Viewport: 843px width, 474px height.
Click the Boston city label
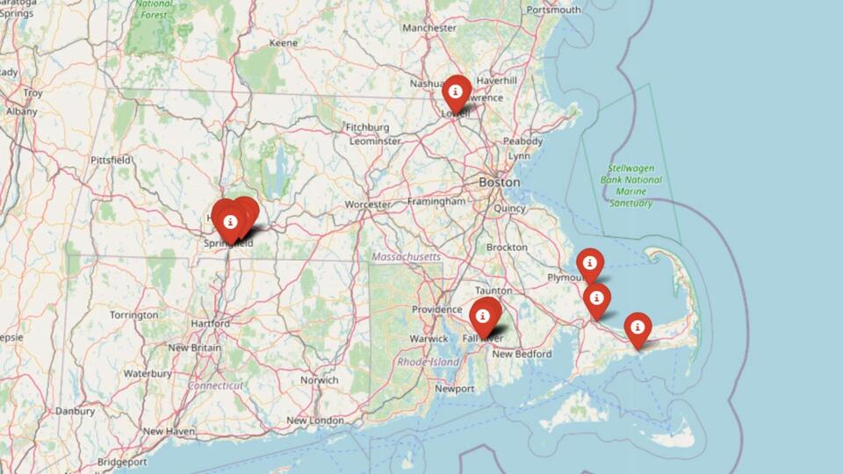[499, 182]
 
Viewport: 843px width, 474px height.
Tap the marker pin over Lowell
[456, 92]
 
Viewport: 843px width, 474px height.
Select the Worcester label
[367, 205]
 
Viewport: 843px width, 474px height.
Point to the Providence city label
[437, 310]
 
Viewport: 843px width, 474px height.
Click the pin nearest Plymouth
[589, 264]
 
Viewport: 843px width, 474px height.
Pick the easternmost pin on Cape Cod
[638, 329]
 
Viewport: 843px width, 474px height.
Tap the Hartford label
[210, 324]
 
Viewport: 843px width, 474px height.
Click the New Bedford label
[522, 354]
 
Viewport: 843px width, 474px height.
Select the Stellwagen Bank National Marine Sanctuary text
[631, 185]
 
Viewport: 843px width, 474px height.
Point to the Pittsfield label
[111, 161]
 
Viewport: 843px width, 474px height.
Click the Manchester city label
[429, 28]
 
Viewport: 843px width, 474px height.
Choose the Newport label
[455, 388]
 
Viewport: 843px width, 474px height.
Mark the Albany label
[21, 111]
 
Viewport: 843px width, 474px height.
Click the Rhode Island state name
[429, 362]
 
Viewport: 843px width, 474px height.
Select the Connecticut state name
[214, 385]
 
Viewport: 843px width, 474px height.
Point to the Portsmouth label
[553, 10]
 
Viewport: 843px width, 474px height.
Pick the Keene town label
[283, 42]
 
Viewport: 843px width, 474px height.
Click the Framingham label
[436, 202]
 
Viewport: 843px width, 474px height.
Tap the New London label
[314, 420]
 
